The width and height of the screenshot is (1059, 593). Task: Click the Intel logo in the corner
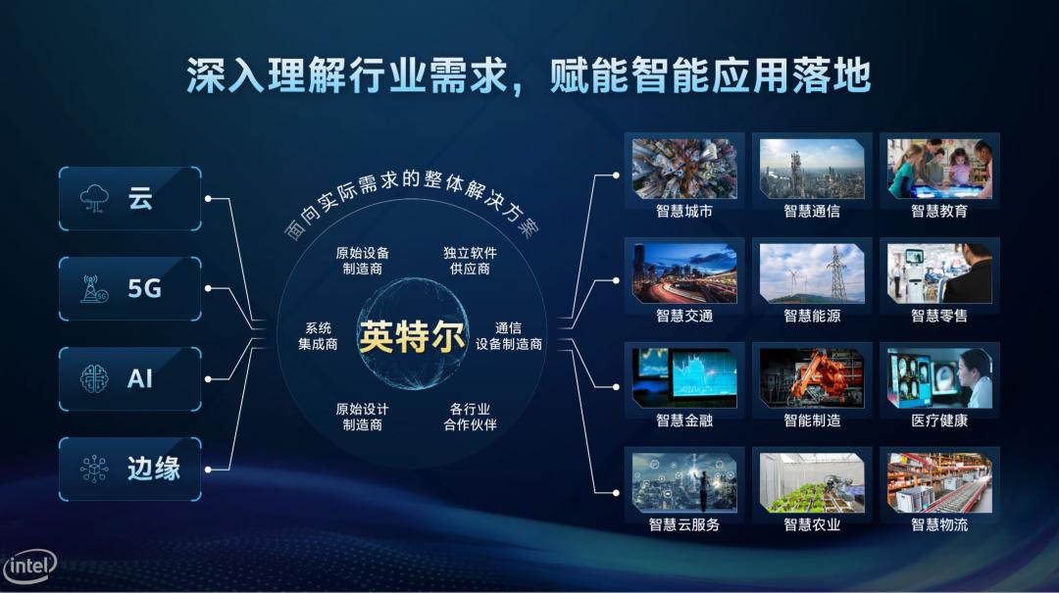pos(29,566)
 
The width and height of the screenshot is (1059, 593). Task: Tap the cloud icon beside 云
pos(94,199)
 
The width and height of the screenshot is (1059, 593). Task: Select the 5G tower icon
pos(94,288)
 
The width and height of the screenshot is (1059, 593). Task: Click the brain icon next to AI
pos(94,379)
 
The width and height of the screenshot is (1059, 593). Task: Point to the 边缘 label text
pos(153,469)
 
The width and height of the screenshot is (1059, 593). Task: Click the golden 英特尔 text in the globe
pos(411,335)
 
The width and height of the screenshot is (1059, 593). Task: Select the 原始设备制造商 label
pos(362,261)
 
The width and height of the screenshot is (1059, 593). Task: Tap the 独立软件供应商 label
pos(470,261)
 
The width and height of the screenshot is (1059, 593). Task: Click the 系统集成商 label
pos(318,335)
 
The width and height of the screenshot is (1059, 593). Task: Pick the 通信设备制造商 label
pos(509,335)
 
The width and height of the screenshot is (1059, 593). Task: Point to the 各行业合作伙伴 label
pos(470,417)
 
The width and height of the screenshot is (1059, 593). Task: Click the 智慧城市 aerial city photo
pos(684,169)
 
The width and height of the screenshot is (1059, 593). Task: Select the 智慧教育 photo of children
pos(939,169)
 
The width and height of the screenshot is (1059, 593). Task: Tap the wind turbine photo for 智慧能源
pos(812,273)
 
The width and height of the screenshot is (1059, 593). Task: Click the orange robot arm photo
pos(812,378)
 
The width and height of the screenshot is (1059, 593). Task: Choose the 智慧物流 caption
pos(939,524)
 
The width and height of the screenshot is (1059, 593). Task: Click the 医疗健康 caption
pos(939,420)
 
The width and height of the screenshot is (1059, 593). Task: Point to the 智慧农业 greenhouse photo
pos(812,483)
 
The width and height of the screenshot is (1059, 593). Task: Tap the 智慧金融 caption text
pos(684,420)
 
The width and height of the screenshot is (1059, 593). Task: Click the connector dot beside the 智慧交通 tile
pos(616,280)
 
